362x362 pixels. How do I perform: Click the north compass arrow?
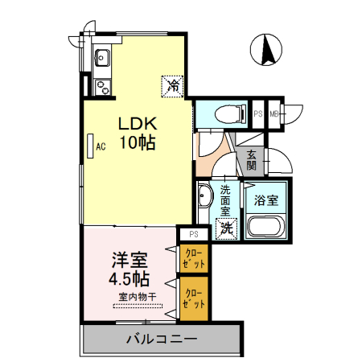point(267,51)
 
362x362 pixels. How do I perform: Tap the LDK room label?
point(138,125)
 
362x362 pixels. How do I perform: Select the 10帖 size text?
point(138,144)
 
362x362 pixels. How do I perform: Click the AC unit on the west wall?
point(91,146)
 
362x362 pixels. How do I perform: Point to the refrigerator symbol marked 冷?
point(172,83)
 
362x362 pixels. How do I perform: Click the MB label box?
point(274,113)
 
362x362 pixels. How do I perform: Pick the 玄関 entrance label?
point(251,160)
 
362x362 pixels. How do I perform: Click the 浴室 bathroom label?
point(266,199)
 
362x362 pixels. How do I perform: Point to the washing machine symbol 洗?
point(228,228)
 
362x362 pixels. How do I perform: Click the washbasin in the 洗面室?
point(204,195)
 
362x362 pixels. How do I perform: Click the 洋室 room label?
point(129,260)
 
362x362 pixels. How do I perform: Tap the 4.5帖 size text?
point(129,279)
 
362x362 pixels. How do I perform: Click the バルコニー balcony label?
point(161,339)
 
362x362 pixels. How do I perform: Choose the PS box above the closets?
point(193,234)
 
